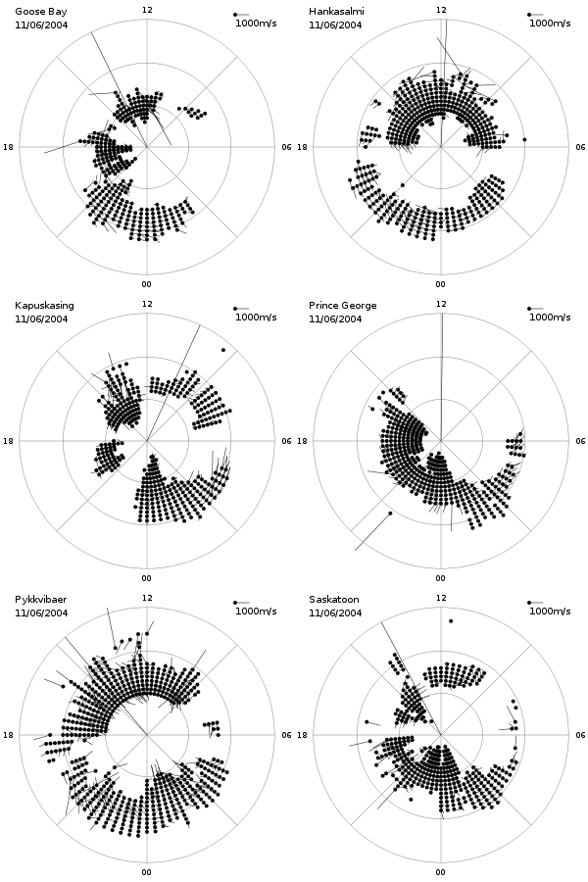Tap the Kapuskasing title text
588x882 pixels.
click(x=44, y=306)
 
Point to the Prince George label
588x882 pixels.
click(x=342, y=306)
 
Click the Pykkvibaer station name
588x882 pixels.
click(x=40, y=599)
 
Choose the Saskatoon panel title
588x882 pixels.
click(x=333, y=599)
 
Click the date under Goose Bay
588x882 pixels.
click(x=41, y=24)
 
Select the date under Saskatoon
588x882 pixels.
click(x=335, y=612)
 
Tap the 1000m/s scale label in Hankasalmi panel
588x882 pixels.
click(x=550, y=24)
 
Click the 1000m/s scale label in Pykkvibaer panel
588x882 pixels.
click(x=256, y=611)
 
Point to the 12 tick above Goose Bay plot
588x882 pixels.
click(x=147, y=10)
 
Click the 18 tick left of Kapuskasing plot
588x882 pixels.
click(x=8, y=440)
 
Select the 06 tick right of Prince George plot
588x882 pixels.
click(x=580, y=440)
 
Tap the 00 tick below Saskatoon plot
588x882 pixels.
click(x=441, y=872)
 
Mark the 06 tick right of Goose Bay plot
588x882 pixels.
click(x=286, y=147)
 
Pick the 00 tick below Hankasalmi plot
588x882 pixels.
click(x=441, y=284)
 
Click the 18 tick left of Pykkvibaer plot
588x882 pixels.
click(x=8, y=735)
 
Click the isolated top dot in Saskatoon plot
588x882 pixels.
click(x=451, y=621)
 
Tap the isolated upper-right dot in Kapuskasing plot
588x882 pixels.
click(x=223, y=350)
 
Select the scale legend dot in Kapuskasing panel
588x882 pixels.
click(x=235, y=309)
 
